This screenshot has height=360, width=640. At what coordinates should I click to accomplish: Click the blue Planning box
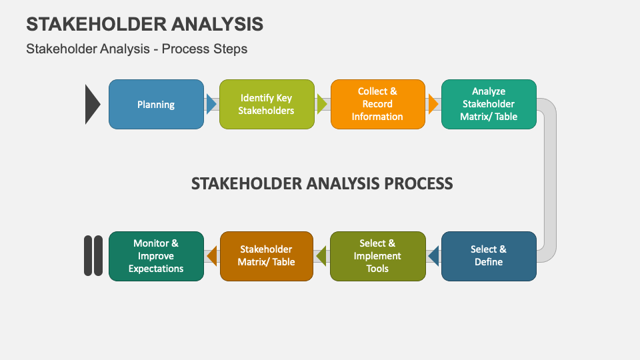[156, 104]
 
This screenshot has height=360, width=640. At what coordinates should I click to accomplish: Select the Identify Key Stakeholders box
[267, 104]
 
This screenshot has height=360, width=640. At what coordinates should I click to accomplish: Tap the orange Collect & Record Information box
[377, 104]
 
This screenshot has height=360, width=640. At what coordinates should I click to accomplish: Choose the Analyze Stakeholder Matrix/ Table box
[489, 104]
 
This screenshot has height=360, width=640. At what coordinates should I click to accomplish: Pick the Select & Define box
[489, 256]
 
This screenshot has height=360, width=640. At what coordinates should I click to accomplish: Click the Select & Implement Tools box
[377, 256]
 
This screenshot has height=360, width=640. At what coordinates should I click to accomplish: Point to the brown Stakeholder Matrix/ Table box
[267, 256]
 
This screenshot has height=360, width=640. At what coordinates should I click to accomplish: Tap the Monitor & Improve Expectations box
[156, 256]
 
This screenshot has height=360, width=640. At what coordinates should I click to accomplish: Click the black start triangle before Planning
[92, 104]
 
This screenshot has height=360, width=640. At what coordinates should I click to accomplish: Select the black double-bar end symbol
[93, 256]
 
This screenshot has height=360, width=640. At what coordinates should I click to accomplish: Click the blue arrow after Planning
[211, 104]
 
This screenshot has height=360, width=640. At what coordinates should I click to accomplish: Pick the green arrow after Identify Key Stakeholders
[323, 104]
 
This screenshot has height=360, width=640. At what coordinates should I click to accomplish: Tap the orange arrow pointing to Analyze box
[433, 104]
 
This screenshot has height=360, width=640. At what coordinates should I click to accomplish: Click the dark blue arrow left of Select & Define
[433, 256]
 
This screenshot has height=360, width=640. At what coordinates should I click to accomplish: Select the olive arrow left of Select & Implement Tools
[322, 256]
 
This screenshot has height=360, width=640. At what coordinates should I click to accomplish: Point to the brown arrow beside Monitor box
[211, 256]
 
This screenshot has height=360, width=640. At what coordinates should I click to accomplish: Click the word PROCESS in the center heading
[416, 183]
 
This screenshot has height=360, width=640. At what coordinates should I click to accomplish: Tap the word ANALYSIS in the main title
[217, 24]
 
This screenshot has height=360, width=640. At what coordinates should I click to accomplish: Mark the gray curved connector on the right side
[549, 180]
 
